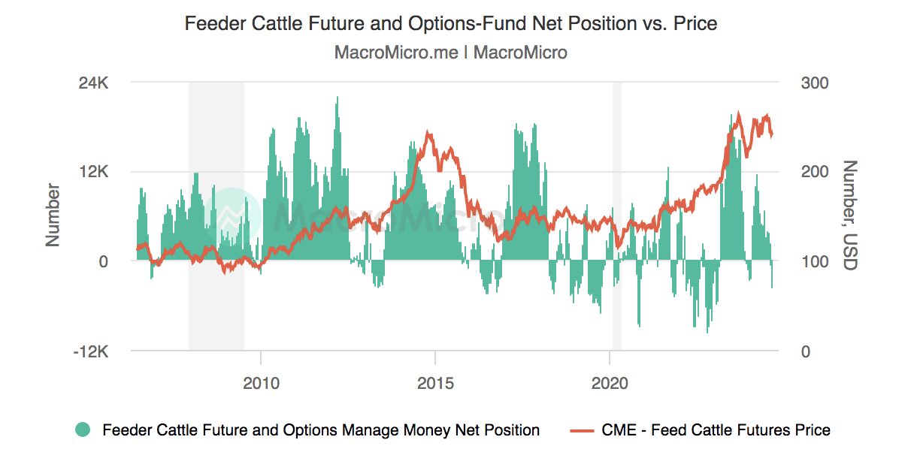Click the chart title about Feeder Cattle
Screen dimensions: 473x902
[x=451, y=24]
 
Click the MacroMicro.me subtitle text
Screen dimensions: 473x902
[x=451, y=53]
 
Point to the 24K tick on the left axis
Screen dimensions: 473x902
[x=95, y=82]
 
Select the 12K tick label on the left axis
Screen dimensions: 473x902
[x=95, y=171]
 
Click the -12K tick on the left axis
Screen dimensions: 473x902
[x=92, y=351]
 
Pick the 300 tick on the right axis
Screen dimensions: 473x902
[x=814, y=82]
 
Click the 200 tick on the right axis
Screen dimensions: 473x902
[x=814, y=171]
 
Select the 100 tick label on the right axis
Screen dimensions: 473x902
[x=814, y=261]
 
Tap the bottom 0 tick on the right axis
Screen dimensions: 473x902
[x=805, y=351]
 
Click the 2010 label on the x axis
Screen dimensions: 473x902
[x=261, y=384]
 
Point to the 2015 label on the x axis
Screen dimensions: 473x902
[x=435, y=384]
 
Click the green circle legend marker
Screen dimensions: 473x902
[x=83, y=430]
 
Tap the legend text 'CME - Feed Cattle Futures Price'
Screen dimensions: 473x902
[x=716, y=430]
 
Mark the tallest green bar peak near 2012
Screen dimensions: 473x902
[x=337, y=98]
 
